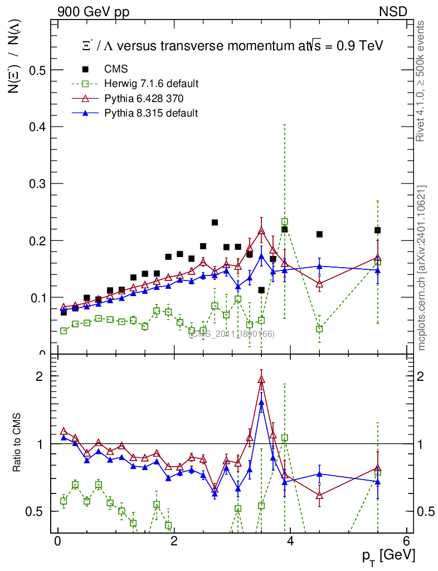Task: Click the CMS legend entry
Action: click(116, 69)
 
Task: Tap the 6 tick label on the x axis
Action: click(407, 541)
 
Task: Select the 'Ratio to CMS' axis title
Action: click(17, 443)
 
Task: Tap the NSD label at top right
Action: click(393, 11)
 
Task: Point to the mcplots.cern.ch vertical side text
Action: click(422, 268)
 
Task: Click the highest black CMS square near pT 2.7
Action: click(215, 222)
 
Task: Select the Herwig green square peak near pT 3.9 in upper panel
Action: click(285, 222)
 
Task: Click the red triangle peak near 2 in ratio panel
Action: click(261, 380)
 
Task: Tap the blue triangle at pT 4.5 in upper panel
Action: click(319, 267)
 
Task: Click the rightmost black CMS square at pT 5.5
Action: click(377, 230)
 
